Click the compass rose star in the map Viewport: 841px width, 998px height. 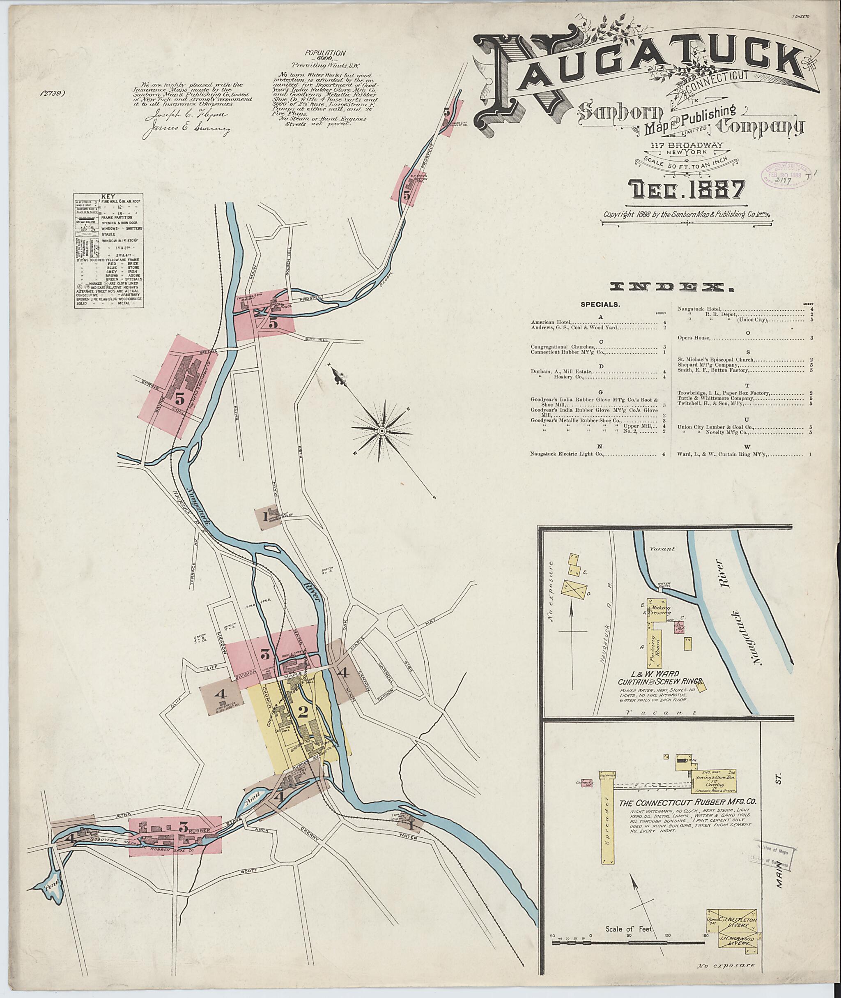point(381,431)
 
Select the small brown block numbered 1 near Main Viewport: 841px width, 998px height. point(266,516)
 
